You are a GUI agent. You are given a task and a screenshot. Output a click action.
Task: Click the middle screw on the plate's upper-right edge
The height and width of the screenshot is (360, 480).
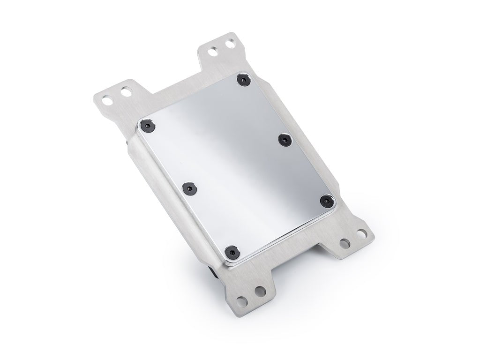284,139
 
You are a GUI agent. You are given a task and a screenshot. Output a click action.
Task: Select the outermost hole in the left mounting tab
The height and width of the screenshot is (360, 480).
108,99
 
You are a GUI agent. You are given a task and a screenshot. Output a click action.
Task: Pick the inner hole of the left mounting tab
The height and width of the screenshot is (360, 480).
125,91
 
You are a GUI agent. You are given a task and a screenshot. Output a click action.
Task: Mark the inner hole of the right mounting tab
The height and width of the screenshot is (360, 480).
345,243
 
